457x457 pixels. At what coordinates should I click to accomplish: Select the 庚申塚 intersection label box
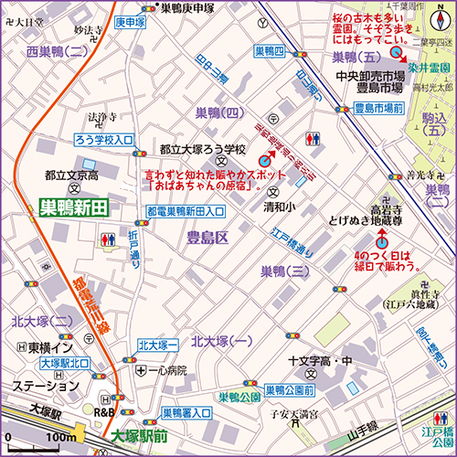pyautogui.click(x=133, y=22)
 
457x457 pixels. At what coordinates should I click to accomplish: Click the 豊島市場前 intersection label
pyautogui.click(x=378, y=108)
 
